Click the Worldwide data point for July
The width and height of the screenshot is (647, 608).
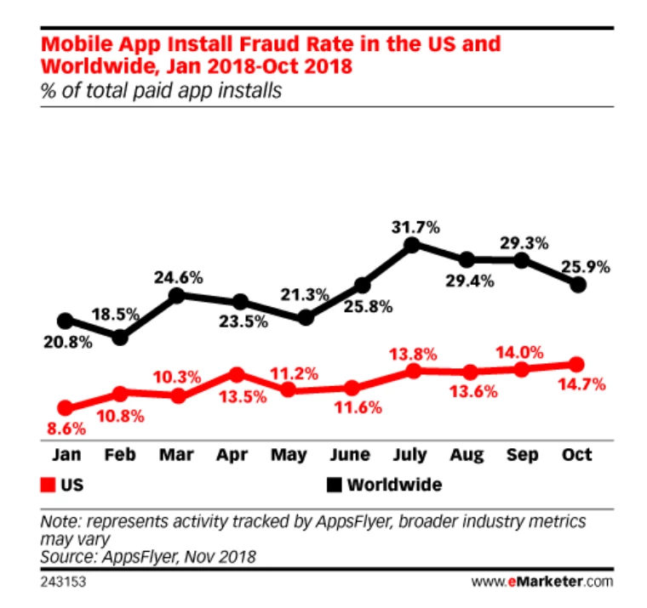[412, 245]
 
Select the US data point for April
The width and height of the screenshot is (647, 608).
[238, 374]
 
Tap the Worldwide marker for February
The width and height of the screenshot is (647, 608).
[121, 337]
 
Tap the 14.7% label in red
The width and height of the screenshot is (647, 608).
[581, 385]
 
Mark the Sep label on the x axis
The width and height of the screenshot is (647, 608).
[522, 455]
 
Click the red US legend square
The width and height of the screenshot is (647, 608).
[45, 486]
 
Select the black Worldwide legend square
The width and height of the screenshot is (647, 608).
[334, 486]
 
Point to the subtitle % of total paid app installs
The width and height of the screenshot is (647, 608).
[161, 89]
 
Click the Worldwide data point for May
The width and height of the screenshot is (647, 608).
[306, 318]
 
